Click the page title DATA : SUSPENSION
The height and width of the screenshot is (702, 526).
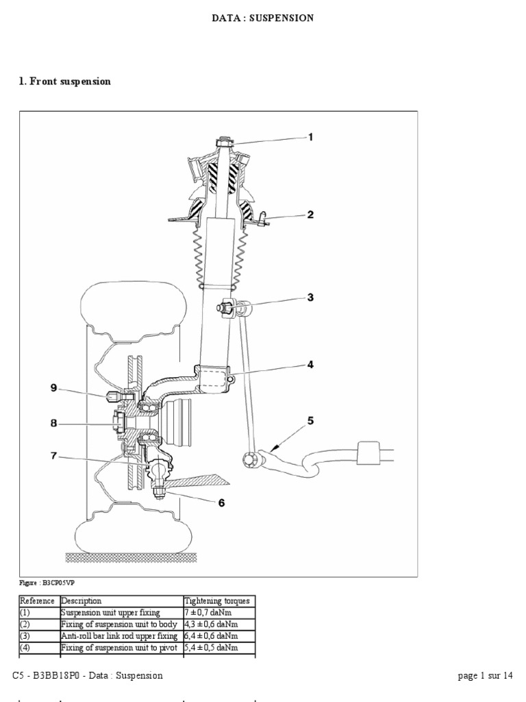(263, 19)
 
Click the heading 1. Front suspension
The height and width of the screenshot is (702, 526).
(64, 82)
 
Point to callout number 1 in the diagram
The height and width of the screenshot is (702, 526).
(310, 136)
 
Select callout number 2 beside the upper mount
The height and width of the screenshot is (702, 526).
(310, 215)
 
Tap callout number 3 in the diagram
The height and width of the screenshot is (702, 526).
(310, 297)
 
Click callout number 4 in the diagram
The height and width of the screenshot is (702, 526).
(310, 365)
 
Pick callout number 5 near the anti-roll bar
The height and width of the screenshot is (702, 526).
(310, 420)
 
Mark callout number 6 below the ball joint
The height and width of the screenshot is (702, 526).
(221, 503)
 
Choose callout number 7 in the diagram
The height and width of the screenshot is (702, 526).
(53, 455)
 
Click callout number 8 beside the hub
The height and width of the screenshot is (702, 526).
(53, 423)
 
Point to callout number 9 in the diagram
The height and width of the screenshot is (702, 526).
(53, 388)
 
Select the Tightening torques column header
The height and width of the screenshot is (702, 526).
(218, 601)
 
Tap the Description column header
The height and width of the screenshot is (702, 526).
(82, 601)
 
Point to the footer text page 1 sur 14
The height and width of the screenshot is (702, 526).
(485, 675)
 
